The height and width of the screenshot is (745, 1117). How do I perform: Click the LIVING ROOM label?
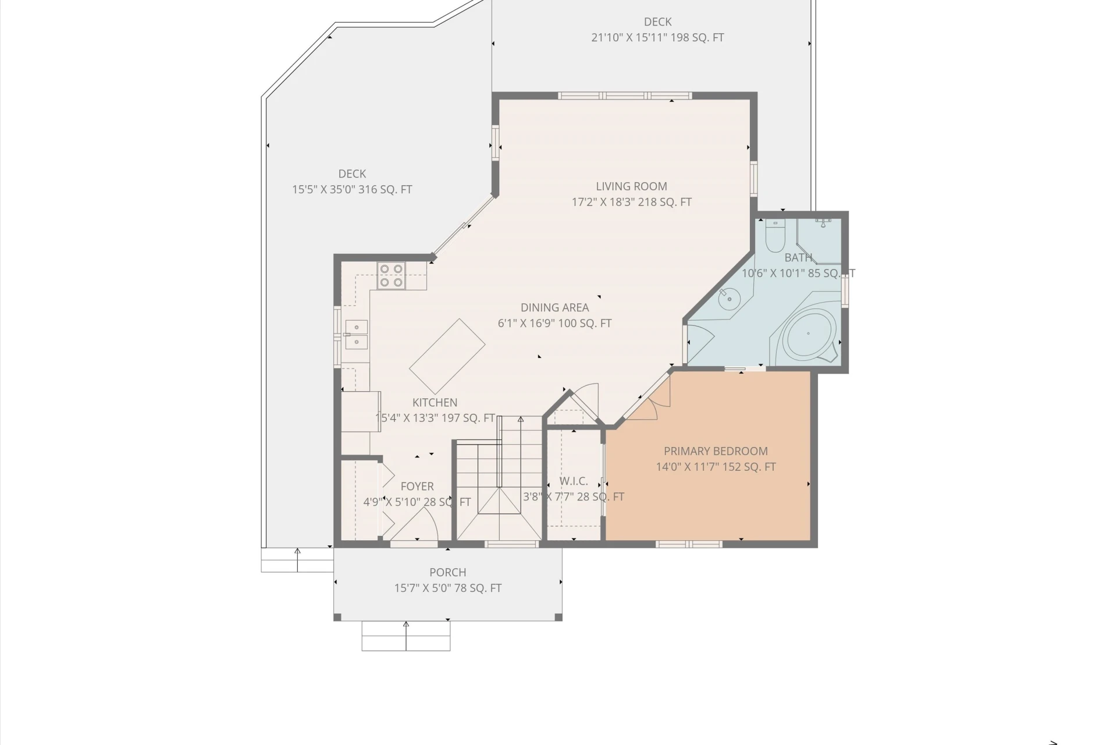pyautogui.click(x=631, y=186)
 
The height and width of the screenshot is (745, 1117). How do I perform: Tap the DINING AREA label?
pyautogui.click(x=554, y=307)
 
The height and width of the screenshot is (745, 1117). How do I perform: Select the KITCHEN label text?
pyautogui.click(x=435, y=402)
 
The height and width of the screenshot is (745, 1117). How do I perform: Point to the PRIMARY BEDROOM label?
pyautogui.click(x=716, y=451)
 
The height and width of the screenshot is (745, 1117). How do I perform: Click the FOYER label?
pyautogui.click(x=417, y=486)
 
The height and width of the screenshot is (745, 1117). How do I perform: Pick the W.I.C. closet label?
pyautogui.click(x=574, y=481)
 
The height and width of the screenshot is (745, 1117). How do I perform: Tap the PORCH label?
pyautogui.click(x=448, y=572)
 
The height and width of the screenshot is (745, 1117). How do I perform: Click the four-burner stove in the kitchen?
pyautogui.click(x=391, y=276)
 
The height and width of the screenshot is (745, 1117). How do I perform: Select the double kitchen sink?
pyautogui.click(x=357, y=335)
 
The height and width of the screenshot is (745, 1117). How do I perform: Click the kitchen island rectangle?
pyautogui.click(x=447, y=356)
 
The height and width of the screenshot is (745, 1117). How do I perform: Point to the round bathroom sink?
pyautogui.click(x=729, y=300)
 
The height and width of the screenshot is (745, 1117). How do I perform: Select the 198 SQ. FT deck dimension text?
pyautogui.click(x=657, y=37)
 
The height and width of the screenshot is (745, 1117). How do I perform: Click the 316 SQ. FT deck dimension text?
pyautogui.click(x=352, y=189)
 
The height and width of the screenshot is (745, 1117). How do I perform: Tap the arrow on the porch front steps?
pyautogui.click(x=406, y=636)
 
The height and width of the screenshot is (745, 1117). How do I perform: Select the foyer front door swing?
pyautogui.click(x=414, y=524)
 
